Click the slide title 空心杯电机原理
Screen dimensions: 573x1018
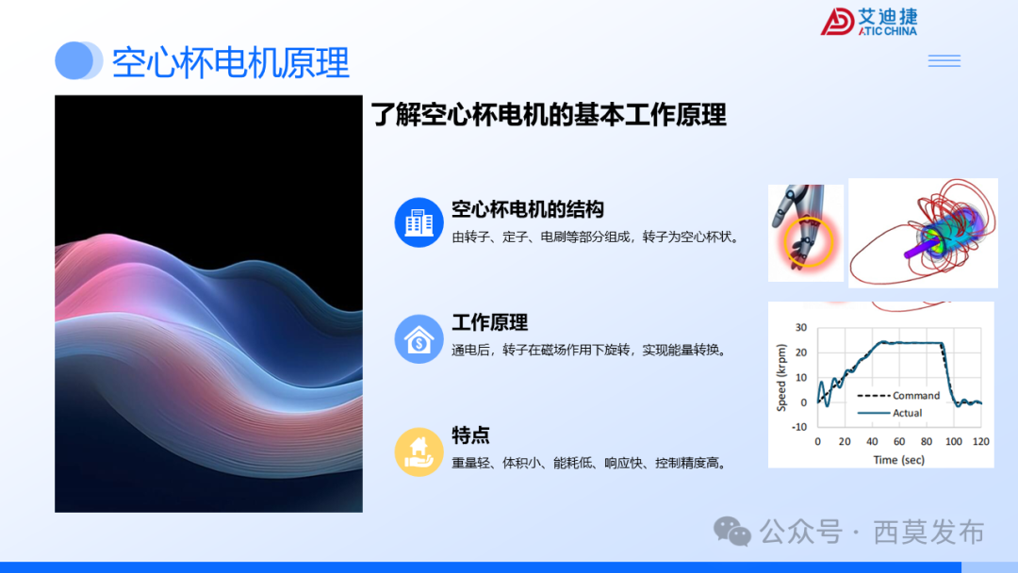click(230, 62)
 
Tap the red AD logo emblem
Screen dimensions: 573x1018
click(837, 22)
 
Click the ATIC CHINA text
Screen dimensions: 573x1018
click(887, 31)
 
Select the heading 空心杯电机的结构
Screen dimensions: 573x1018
click(528, 209)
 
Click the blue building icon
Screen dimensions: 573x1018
click(419, 222)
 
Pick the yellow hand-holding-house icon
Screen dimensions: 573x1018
click(419, 451)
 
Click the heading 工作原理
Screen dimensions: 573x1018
click(489, 322)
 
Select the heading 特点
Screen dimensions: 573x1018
click(470, 435)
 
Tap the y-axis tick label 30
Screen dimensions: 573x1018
click(801, 328)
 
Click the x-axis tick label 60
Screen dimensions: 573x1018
click(899, 442)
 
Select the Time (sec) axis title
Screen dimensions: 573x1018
click(898, 460)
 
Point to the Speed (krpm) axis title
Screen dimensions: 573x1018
click(781, 376)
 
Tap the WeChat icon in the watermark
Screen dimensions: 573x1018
click(732, 532)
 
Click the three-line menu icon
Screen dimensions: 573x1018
click(944, 61)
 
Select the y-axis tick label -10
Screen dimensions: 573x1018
click(799, 427)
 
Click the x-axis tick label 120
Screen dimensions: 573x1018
click(981, 442)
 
